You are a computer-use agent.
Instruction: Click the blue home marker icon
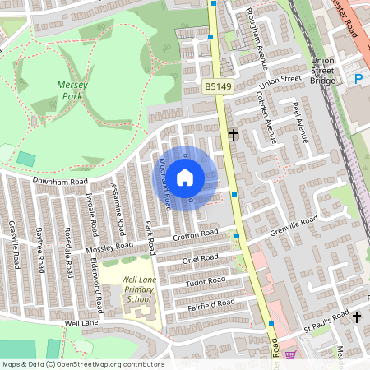[x=185, y=177]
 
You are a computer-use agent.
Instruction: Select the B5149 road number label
[x=218, y=86]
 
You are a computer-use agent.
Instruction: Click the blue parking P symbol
[x=358, y=79]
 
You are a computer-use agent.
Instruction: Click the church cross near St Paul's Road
[x=357, y=317]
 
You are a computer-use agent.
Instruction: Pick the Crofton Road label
[x=196, y=235]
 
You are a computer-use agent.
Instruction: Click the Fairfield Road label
[x=212, y=303]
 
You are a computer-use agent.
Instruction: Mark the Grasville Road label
[x=14, y=244]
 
